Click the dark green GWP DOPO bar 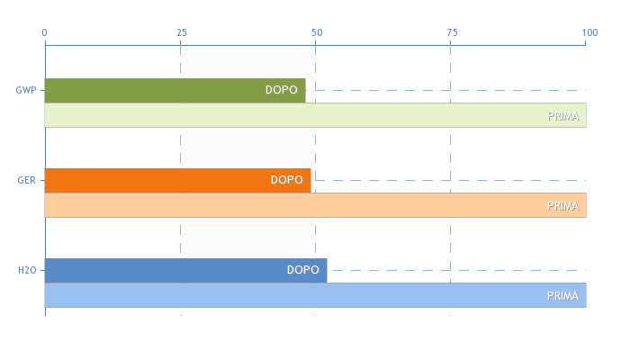(175, 90)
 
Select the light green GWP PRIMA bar (315, 115)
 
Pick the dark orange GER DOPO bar (177, 180)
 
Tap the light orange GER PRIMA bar (315, 205)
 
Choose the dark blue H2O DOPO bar (185, 270)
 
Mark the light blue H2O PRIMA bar (315, 295)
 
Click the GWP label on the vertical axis (26, 90)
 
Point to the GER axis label (26, 180)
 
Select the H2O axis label (27, 270)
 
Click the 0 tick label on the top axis (45, 32)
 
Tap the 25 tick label (182, 32)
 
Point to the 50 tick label (317, 32)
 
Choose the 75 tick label (453, 32)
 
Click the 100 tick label (589, 32)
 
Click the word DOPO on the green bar (281, 90)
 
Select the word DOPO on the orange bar (286, 180)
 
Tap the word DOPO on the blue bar (303, 270)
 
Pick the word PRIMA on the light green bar (562, 116)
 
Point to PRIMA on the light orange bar (562, 206)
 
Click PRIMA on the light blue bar (562, 296)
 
